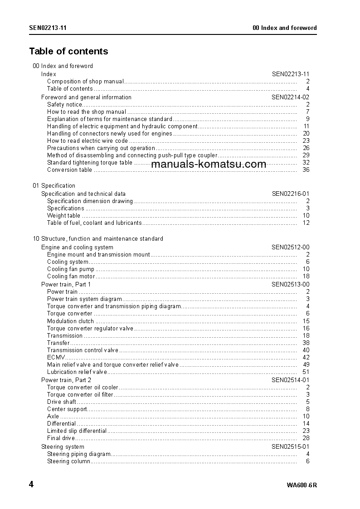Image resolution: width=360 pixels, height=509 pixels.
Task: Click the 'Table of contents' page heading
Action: (68, 51)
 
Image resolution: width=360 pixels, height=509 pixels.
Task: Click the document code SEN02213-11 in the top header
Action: (48, 28)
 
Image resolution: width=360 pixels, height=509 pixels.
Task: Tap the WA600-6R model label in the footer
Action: (302, 485)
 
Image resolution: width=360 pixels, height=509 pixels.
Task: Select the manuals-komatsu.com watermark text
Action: (209, 164)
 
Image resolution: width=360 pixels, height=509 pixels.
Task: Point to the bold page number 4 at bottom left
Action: (31, 485)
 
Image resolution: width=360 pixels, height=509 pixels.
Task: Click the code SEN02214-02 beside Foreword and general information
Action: (291, 97)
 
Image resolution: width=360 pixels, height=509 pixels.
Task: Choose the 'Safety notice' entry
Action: (65, 105)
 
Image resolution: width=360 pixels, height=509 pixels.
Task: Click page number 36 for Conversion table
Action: (306, 170)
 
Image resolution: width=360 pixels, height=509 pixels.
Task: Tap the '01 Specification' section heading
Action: (54, 185)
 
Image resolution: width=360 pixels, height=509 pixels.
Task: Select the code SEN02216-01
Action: (291, 194)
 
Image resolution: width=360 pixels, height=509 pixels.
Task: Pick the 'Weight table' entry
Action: (63, 216)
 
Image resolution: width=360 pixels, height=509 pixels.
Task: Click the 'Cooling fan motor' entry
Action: (71, 276)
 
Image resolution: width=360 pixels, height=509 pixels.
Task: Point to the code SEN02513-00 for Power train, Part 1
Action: (291, 284)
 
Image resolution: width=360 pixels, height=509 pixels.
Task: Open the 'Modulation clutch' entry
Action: (70, 321)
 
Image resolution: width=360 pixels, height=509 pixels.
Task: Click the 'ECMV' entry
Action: (54, 358)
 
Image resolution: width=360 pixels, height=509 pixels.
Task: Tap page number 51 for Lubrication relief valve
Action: (306, 372)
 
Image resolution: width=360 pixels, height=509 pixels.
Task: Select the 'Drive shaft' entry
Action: (62, 402)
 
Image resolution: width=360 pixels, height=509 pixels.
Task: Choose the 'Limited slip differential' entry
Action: (77, 431)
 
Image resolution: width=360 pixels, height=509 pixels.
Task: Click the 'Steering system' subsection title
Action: (63, 446)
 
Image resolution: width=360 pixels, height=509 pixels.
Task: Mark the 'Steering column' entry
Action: (68, 461)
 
